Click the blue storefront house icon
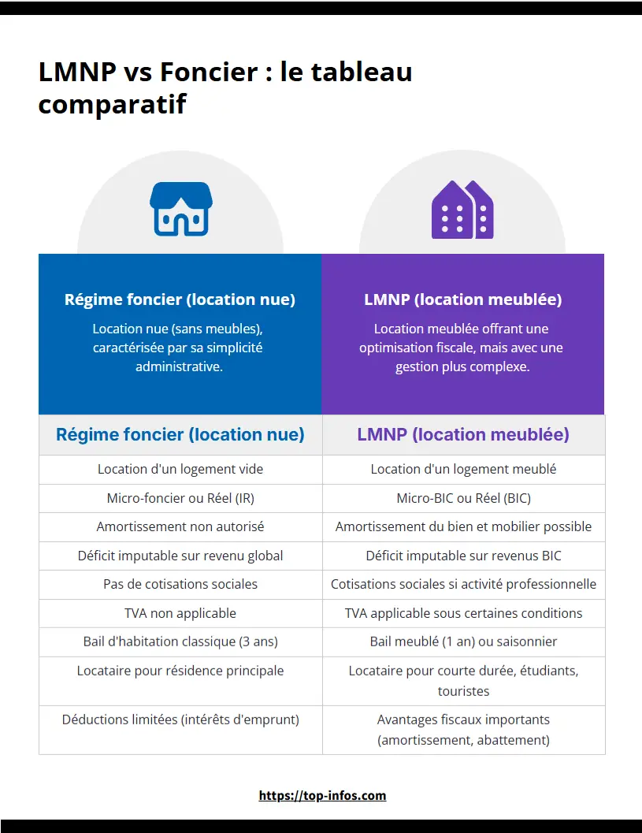pos(180,209)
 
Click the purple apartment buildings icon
pos(462,210)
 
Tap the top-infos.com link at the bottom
pos(322,795)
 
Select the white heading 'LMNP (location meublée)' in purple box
pos(462,299)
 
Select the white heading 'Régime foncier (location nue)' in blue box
pos(180,299)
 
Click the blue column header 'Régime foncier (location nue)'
pos(180,434)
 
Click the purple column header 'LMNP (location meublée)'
pos(462,434)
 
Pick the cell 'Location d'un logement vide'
pos(180,469)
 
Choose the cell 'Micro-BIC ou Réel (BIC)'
pos(463,498)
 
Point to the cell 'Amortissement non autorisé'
pos(180,526)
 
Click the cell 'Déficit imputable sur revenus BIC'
pos(463,556)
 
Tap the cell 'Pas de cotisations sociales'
pos(180,584)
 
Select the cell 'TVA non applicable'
pos(180,613)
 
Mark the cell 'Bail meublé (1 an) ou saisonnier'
pos(463,641)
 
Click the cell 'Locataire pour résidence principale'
pos(180,671)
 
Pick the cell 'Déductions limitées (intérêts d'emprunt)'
pos(180,720)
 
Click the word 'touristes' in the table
pos(463,691)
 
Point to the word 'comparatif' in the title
pos(112,103)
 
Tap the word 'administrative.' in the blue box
pos(180,366)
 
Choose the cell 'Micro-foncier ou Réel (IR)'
pos(180,498)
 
